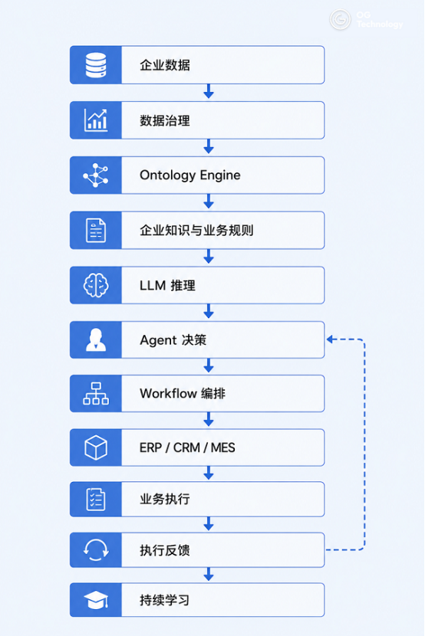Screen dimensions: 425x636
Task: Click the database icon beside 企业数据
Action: point(96,65)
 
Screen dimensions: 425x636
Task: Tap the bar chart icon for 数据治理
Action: point(96,120)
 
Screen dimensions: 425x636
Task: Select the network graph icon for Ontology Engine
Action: point(96,175)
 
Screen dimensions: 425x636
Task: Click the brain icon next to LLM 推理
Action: point(96,285)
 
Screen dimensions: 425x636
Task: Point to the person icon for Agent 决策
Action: point(96,340)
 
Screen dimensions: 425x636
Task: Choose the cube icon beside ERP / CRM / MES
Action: point(96,447)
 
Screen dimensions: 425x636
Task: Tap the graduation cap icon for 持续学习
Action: point(96,600)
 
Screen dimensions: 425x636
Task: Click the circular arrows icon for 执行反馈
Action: point(96,550)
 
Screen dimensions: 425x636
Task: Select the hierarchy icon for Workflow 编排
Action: point(96,393)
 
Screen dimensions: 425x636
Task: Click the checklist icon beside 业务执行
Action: point(96,499)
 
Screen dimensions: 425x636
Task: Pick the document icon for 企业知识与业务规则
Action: point(96,230)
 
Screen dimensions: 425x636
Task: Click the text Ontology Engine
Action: point(190,175)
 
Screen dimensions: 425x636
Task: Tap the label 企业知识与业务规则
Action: point(196,230)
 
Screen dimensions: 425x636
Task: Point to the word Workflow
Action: point(168,393)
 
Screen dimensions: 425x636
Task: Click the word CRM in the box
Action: point(186,447)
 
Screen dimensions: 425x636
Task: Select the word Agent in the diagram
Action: point(158,340)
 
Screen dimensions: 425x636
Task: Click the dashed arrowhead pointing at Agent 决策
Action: point(330,339)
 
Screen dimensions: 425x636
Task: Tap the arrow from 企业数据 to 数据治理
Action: point(209,91)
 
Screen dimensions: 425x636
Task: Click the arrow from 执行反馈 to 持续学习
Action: point(209,574)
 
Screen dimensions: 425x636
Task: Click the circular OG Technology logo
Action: point(340,19)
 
